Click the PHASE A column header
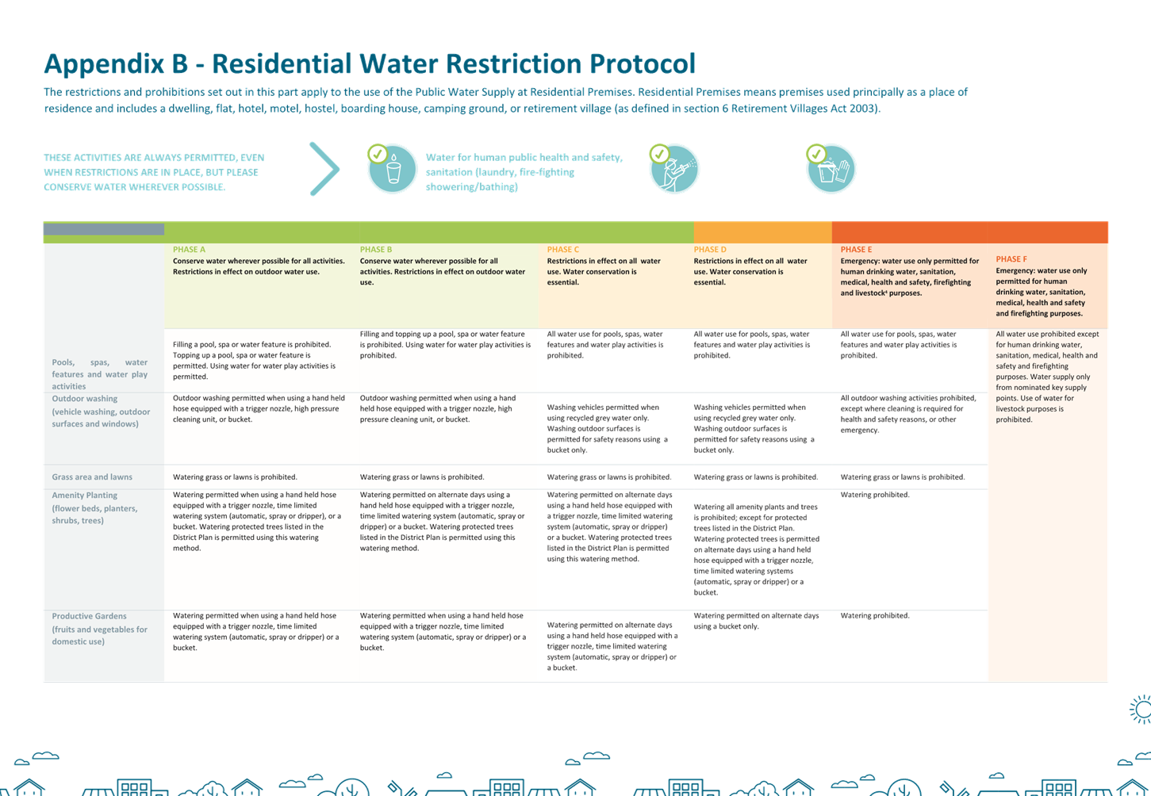[189, 250]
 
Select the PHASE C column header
[562, 250]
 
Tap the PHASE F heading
[1011, 259]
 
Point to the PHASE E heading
[856, 250]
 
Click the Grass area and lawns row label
[92, 477]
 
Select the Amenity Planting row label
[84, 496]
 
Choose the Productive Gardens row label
[89, 616]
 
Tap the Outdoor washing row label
[84, 399]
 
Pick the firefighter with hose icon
[673, 168]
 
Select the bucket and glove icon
[831, 168]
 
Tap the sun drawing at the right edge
[1140, 710]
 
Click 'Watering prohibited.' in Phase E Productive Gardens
[875, 616]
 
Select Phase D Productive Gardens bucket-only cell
[756, 621]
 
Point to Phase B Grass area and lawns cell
[422, 477]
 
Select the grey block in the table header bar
[104, 229]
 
